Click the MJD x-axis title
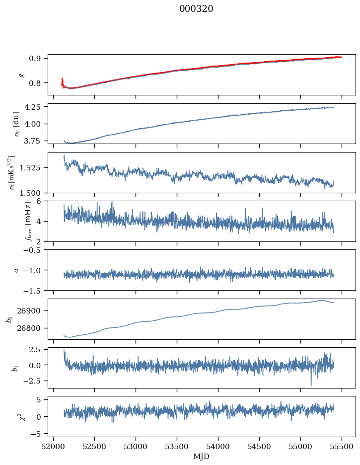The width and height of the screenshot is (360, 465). tap(201, 456)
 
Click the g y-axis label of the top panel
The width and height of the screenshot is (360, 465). tap(21, 75)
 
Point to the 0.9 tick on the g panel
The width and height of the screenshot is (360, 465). tap(38, 58)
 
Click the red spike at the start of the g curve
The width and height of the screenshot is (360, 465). tap(62, 80)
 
